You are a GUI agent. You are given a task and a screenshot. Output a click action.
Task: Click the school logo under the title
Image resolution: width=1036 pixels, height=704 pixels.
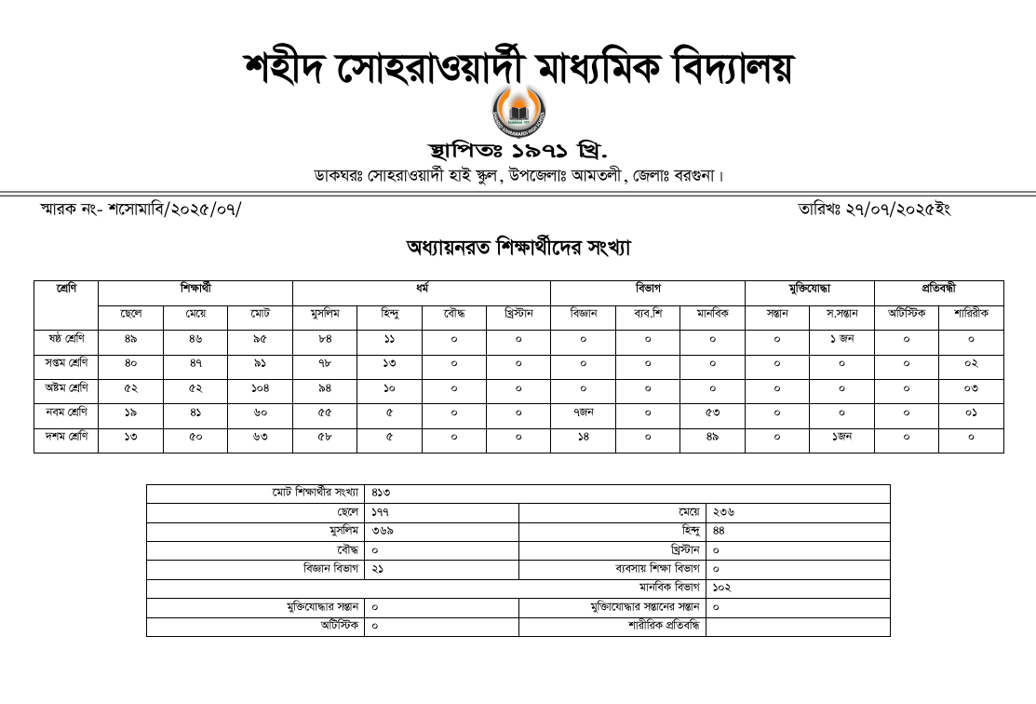[518, 110]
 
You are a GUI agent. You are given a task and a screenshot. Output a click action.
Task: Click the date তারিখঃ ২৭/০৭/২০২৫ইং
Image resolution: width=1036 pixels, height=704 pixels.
[874, 210]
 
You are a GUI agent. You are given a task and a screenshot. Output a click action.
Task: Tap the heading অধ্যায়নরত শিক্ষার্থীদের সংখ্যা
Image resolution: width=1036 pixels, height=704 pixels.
[518, 248]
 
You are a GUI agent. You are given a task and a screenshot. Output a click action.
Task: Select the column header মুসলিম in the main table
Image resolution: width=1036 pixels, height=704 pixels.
[324, 316]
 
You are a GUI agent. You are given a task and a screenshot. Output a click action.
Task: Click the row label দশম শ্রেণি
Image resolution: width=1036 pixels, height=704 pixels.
[66, 438]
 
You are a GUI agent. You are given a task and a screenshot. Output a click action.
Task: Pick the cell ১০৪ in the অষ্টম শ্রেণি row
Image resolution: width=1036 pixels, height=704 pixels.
[260, 388]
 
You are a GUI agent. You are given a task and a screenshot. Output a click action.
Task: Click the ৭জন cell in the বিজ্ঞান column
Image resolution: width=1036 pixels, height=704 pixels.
[583, 413]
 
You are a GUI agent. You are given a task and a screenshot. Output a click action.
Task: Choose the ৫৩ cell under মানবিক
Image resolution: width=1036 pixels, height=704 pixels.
[712, 413]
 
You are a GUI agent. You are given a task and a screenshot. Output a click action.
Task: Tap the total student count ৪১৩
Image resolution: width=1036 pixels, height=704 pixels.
[381, 494]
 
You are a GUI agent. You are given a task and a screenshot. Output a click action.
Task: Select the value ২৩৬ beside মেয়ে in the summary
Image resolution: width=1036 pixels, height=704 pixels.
[723, 512]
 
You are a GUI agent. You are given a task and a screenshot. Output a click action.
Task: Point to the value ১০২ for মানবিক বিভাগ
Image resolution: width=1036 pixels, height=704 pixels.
[722, 589]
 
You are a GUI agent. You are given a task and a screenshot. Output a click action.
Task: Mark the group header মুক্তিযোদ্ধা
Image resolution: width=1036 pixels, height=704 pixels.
[809, 290]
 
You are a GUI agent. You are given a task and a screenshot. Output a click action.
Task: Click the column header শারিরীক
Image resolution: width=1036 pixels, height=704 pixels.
[971, 316]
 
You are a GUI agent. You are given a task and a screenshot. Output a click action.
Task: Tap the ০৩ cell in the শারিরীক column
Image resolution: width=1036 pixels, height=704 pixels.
[971, 388]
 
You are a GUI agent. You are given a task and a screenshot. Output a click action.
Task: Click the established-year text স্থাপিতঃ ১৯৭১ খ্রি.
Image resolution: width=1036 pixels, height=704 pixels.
[518, 151]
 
